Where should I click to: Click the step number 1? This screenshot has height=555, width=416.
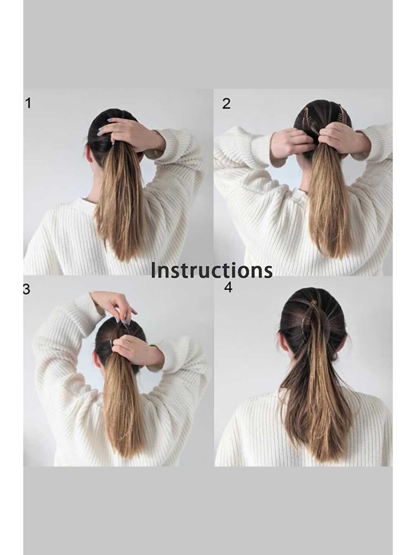(28, 104)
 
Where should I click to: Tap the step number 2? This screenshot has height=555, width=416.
(226, 104)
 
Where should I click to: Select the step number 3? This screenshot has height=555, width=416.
(27, 289)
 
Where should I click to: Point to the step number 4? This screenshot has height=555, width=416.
(228, 287)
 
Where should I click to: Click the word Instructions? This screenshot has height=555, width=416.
(211, 270)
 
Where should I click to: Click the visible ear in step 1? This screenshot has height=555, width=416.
(89, 154)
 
